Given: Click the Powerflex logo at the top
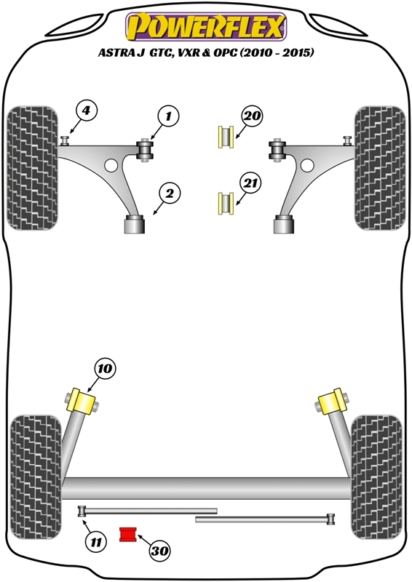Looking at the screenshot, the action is tap(206, 27).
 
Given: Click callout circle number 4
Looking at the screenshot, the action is tap(86, 111).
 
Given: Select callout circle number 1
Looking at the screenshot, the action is tap(168, 116).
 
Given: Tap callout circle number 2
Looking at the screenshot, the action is tap(170, 194).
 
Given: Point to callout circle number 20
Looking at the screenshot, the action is tap(253, 116).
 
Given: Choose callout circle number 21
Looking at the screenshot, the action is tap(250, 184).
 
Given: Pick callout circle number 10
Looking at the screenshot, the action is tap(105, 369).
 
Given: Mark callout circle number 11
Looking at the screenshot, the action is tap(96, 543).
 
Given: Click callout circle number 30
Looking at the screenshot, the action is tap(159, 551).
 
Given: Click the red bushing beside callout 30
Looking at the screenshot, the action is tap(128, 534).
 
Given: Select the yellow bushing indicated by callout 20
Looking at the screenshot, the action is tap(226, 137).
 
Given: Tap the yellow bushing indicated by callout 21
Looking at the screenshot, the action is tap(226, 204).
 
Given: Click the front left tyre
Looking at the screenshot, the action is tap(33, 168).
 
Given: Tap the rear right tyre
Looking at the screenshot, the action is tap(377, 477).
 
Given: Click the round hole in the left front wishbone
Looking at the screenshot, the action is tap(111, 165).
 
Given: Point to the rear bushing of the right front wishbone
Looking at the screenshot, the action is tap(284, 225).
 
